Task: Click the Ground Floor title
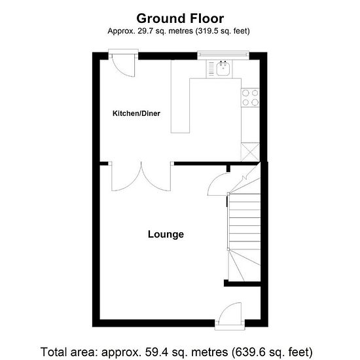[x=180, y=18]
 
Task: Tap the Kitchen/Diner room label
[x=136, y=113]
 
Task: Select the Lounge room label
[x=166, y=234]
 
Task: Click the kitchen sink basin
[x=223, y=69]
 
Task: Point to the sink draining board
[x=211, y=69]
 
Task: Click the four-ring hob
[x=250, y=98]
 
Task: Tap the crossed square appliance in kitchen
[x=250, y=152]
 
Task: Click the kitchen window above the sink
[x=223, y=55]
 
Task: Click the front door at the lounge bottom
[x=230, y=315]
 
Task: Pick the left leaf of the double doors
[x=126, y=177]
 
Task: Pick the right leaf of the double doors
[x=156, y=177]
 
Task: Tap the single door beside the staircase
[x=219, y=185]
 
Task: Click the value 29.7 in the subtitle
[x=145, y=31]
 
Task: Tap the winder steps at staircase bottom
[x=245, y=265]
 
